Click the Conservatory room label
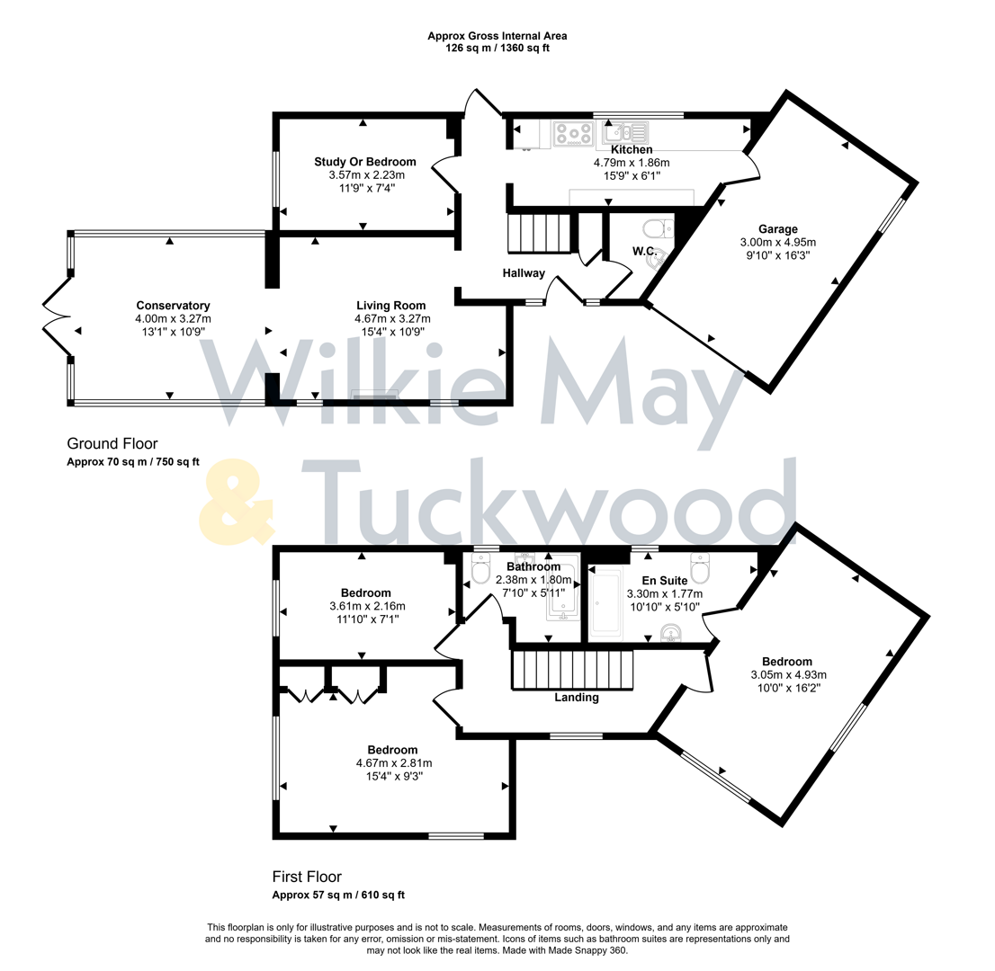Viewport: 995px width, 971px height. [x=173, y=305]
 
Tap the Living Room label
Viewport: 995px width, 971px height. [x=390, y=306]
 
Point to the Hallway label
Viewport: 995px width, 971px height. [x=524, y=272]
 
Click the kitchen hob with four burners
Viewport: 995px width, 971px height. [x=571, y=134]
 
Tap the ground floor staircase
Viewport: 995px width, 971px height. [x=539, y=233]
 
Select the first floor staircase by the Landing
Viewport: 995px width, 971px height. [x=572, y=671]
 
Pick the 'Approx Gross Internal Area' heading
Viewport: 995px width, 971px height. [x=497, y=36]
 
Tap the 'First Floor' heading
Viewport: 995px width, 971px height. [x=306, y=876]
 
